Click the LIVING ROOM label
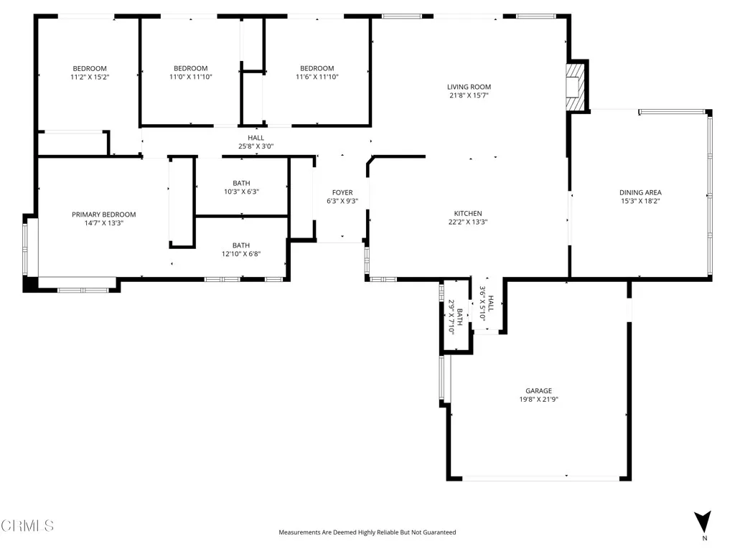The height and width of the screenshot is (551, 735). (469, 87)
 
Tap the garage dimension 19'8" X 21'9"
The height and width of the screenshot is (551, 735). (539, 400)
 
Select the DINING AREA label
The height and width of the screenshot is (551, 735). (640, 192)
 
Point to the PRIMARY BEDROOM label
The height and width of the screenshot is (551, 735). (103, 215)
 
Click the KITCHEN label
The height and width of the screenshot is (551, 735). (467, 213)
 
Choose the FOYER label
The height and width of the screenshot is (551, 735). (342, 192)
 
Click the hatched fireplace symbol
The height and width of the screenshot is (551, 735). (576, 88)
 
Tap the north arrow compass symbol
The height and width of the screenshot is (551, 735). (703, 521)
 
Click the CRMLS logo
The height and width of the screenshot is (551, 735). (27, 526)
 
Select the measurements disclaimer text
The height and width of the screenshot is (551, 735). (367, 532)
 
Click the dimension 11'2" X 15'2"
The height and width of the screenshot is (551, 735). (90, 77)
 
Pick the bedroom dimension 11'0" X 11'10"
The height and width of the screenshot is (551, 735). (190, 77)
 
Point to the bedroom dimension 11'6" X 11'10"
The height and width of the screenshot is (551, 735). (317, 77)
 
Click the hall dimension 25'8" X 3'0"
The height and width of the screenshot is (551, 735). (256, 146)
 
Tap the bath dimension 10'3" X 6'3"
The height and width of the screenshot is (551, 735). (241, 192)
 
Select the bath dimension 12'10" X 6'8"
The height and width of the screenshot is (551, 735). (241, 253)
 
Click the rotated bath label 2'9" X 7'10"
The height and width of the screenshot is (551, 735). (451, 316)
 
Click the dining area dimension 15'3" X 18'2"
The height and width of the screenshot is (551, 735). (640, 202)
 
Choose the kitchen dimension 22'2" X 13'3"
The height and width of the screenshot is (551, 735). (467, 222)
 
